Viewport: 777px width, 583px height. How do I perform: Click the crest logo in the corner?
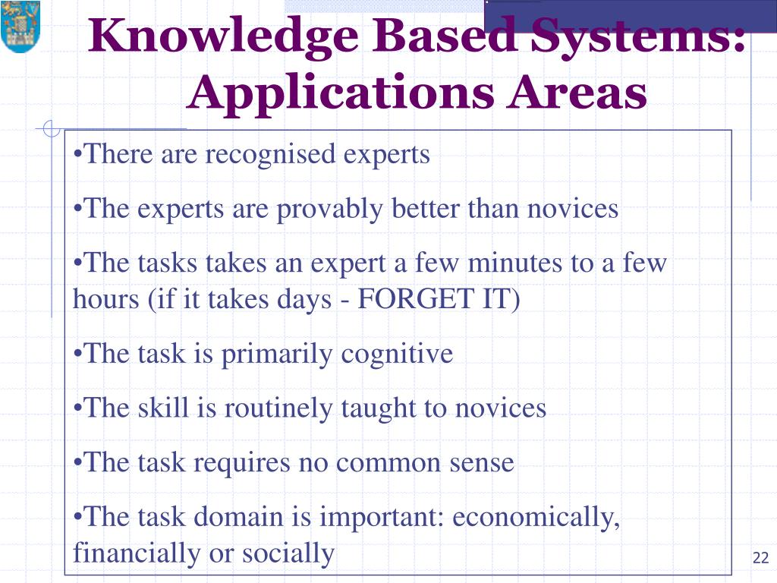coord(20,27)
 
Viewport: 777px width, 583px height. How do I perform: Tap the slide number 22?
coord(760,559)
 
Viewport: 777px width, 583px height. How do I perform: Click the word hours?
coord(102,300)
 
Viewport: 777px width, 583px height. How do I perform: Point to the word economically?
coord(536,518)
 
